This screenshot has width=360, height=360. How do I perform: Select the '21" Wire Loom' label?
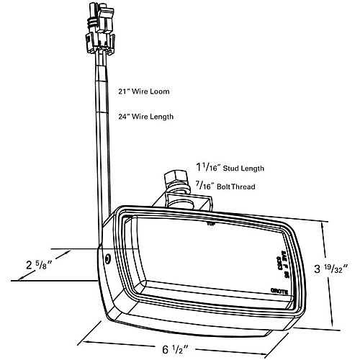(x=145, y=91)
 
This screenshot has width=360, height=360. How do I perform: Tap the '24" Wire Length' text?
(x=147, y=116)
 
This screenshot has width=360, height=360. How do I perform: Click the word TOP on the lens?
(x=211, y=224)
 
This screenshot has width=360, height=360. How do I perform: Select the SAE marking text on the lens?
(x=276, y=256)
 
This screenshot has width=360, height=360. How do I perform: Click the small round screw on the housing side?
(x=107, y=258)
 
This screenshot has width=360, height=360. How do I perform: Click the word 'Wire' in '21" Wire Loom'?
(x=140, y=91)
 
